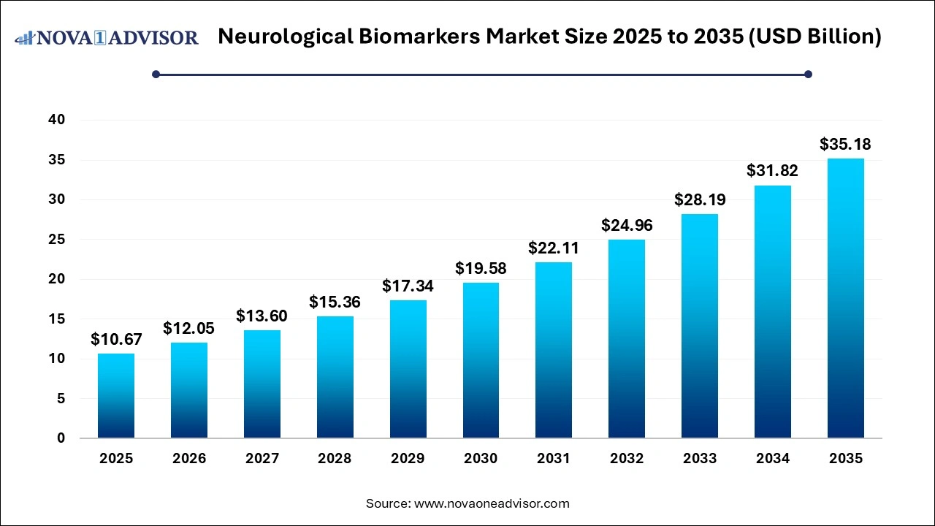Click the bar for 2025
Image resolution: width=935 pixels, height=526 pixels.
tap(116, 396)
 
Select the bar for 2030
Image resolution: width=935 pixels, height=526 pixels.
tap(481, 360)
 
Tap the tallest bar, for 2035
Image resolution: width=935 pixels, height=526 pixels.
tap(846, 298)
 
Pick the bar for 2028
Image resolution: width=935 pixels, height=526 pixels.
tap(335, 377)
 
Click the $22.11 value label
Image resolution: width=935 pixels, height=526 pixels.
tap(554, 248)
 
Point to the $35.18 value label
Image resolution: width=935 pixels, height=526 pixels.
tap(846, 144)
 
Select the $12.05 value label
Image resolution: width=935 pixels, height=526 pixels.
tap(188, 328)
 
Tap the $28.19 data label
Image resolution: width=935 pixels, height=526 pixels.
tap(700, 199)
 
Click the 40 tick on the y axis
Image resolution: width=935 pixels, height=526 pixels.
tap(57, 120)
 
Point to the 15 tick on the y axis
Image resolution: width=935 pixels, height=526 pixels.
tap(57, 319)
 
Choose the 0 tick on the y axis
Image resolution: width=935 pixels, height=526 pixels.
tap(61, 438)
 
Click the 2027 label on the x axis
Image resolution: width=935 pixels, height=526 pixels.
tap(262, 459)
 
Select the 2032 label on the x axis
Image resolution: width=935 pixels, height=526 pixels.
tap(627, 459)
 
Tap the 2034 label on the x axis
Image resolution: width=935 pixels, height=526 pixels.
tap(773, 459)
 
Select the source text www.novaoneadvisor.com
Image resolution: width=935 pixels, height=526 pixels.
tap(492, 503)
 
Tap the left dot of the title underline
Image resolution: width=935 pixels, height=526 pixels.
tap(156, 74)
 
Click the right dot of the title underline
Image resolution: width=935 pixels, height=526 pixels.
tap(808, 74)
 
